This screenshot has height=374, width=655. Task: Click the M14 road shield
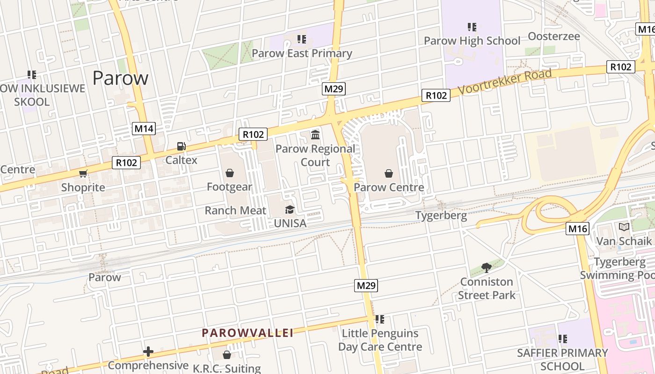[x=144, y=129]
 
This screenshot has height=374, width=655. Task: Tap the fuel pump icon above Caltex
[x=182, y=146]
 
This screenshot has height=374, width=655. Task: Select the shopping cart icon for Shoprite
[x=83, y=174]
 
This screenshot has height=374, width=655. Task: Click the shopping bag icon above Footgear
[x=230, y=173]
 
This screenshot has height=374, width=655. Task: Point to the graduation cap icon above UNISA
[x=290, y=209]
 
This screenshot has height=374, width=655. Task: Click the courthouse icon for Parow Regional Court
[x=315, y=135]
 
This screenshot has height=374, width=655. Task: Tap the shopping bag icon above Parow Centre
[x=389, y=174]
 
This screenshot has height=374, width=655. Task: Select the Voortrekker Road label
[x=505, y=82]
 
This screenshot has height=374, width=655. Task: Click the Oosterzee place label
[x=553, y=36]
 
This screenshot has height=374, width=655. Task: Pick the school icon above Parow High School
[x=472, y=27]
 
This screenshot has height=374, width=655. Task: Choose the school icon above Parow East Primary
[x=302, y=39]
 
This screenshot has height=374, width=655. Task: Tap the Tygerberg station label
[x=441, y=216]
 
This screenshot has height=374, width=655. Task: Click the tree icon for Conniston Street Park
[x=487, y=268]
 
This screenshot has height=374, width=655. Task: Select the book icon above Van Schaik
[x=624, y=227]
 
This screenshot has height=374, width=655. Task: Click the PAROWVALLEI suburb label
[x=247, y=333]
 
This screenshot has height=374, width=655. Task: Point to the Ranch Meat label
[x=235, y=210]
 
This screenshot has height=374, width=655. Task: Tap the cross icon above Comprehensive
[x=148, y=352]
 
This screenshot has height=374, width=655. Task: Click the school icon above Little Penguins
[x=380, y=319]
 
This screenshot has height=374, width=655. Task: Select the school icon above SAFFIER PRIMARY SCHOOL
[x=563, y=338]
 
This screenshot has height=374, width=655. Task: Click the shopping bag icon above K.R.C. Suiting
[x=227, y=355]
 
